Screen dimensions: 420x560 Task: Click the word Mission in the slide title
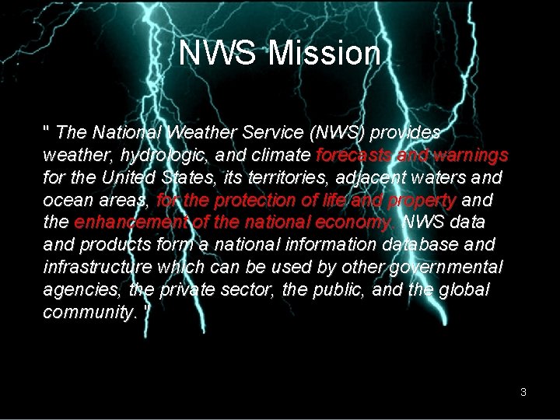click(325, 54)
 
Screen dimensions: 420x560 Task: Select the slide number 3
click(523, 392)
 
